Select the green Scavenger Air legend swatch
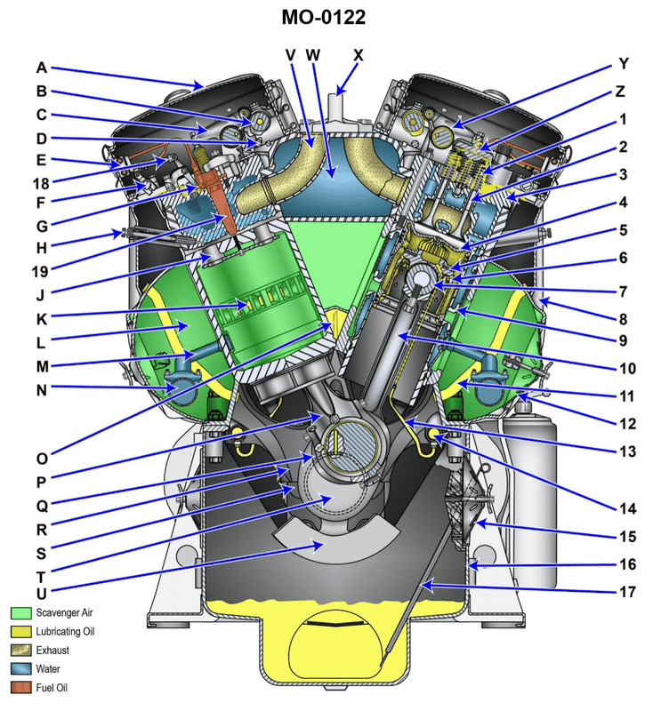click(x=21, y=613)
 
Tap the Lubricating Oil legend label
click(x=65, y=632)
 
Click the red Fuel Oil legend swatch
click(x=21, y=688)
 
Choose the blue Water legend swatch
click(x=21, y=669)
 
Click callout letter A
click(x=41, y=67)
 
